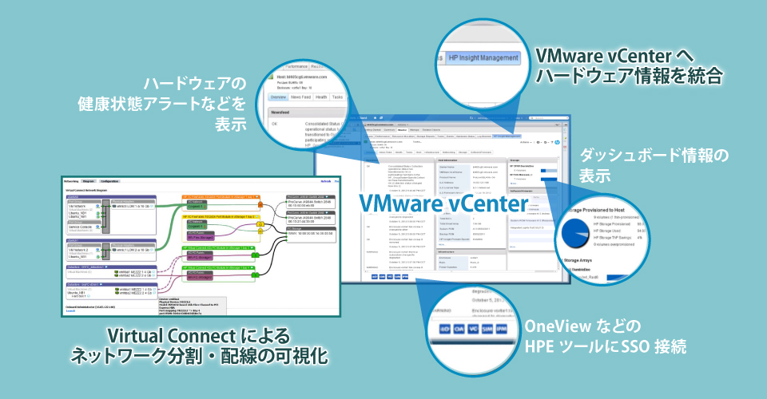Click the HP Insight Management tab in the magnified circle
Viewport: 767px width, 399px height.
pos(483,58)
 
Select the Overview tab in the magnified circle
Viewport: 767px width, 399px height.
pos(277,97)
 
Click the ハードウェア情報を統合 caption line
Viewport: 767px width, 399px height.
pos(629,77)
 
